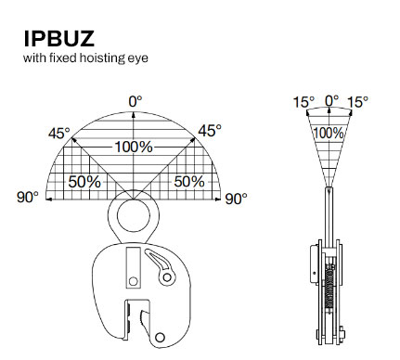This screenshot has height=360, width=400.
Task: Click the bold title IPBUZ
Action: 59,39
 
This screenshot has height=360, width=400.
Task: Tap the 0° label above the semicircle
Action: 135,101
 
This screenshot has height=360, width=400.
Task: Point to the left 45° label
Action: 59,134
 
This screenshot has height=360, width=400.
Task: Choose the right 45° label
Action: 210,131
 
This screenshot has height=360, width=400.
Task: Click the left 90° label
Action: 28,198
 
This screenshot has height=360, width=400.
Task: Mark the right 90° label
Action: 236,199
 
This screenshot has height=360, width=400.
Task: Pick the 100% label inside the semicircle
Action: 134,147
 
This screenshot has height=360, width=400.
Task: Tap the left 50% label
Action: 84,182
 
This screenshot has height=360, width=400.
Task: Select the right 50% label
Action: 189,181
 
